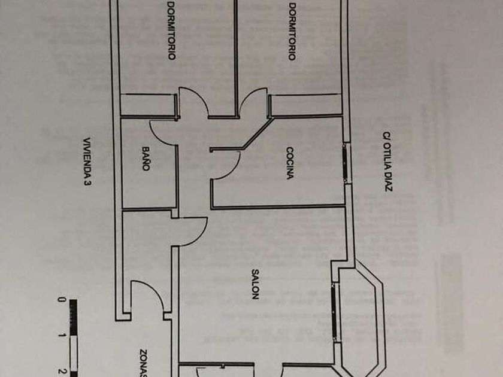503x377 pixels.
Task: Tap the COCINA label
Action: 290,163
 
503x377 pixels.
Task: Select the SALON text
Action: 254,284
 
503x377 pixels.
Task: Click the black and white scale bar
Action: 73,338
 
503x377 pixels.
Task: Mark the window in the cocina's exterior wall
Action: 346,162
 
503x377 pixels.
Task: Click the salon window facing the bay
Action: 334,305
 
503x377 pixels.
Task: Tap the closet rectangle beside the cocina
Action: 305,105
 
